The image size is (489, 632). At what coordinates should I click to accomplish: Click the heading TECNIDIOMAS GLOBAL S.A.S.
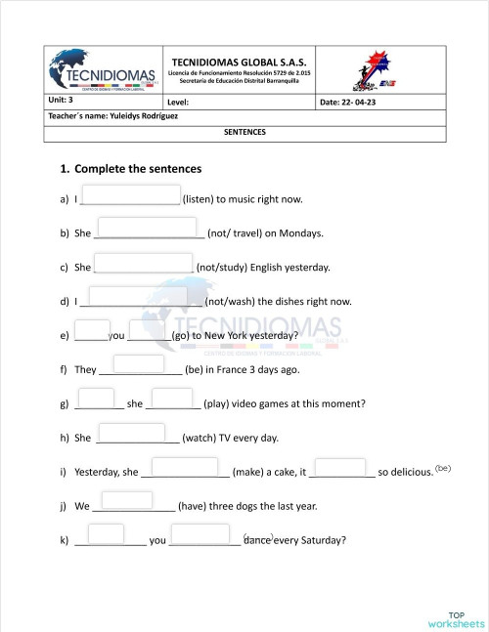(x=239, y=62)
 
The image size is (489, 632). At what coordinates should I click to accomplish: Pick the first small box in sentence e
(x=92, y=329)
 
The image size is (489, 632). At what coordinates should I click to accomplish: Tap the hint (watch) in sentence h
(x=207, y=438)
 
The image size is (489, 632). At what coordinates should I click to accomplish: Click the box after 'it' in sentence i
(x=341, y=467)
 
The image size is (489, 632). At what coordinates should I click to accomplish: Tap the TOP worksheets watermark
(x=456, y=618)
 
